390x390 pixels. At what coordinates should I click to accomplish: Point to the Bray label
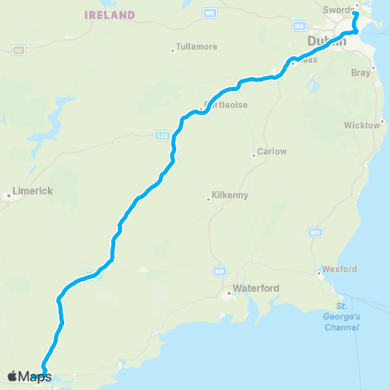coord(359,72)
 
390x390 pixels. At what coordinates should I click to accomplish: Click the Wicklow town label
coord(362,125)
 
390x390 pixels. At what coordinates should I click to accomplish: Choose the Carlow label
coord(272,152)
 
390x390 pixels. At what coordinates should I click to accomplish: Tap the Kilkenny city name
coord(231,196)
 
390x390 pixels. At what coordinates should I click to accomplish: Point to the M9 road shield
coord(219,270)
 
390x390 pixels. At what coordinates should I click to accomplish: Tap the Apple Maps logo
coord(29,376)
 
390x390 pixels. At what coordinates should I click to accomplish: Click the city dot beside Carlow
coord(253,154)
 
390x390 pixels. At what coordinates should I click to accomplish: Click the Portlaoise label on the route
coord(224,106)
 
